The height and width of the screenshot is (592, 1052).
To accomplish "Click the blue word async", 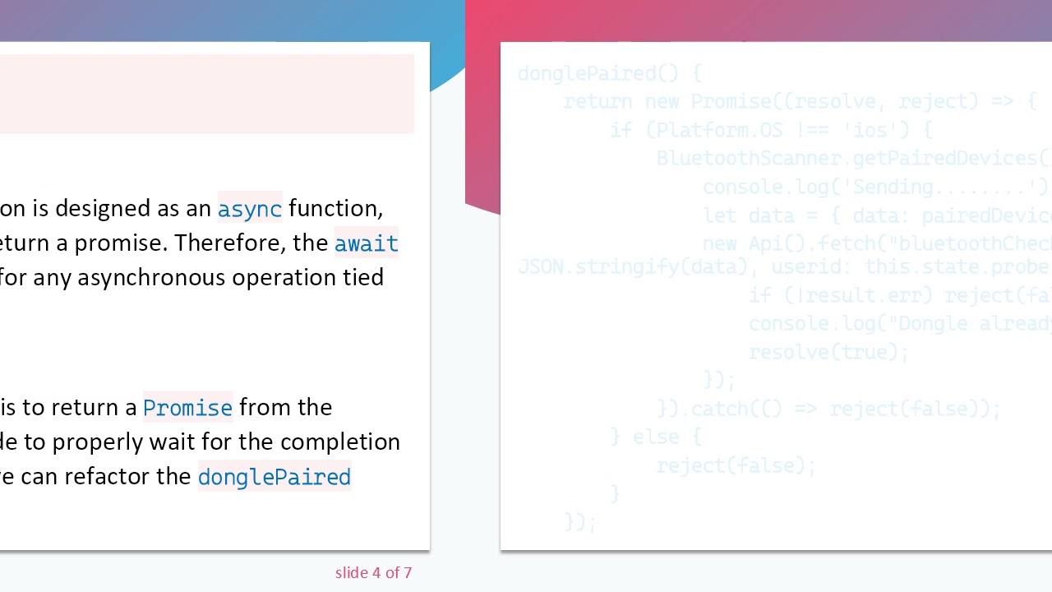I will (250, 209).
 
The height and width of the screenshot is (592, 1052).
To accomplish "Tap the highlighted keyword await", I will (366, 243).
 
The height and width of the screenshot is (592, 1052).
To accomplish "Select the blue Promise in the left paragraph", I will (187, 408).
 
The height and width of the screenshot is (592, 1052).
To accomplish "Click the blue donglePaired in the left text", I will (274, 477).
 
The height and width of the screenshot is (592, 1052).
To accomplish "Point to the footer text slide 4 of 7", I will (373, 572).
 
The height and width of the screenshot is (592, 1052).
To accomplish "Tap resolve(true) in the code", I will (827, 352).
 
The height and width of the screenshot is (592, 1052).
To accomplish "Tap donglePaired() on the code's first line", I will (598, 73).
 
